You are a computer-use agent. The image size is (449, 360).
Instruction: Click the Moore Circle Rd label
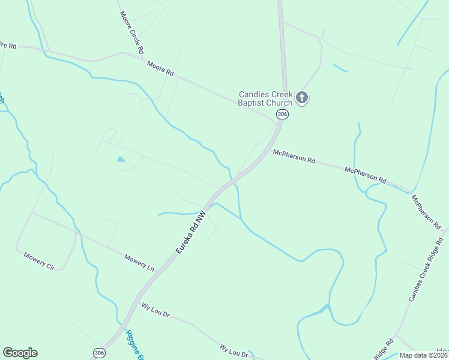132,32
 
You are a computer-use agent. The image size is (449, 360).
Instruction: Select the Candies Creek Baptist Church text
265,98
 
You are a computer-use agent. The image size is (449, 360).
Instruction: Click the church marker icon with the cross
302,97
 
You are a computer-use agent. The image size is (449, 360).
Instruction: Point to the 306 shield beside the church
282,114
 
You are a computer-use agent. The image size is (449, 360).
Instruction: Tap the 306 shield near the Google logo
100,353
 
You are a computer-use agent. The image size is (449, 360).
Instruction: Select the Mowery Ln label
139,263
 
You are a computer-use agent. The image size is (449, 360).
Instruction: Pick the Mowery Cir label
40,261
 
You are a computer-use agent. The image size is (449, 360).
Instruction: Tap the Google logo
20,353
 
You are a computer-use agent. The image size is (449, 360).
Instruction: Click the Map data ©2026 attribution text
423,355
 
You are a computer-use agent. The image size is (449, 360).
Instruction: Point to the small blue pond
121,160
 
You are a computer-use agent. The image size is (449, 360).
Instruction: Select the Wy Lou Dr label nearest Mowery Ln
156,310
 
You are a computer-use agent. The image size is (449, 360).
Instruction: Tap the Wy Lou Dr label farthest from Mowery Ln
234,350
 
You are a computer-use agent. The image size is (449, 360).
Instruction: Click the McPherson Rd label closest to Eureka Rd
294,157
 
